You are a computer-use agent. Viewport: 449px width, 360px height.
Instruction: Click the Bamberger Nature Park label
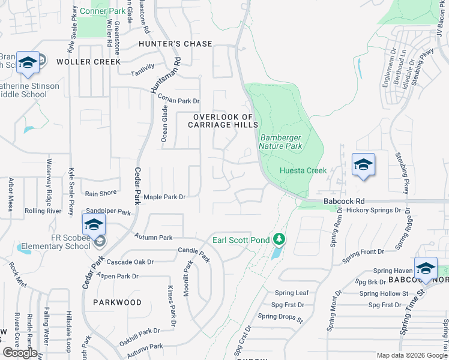pyautogui.click(x=280, y=141)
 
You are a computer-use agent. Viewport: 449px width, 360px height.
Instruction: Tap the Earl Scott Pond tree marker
pyautogui.click(x=279, y=240)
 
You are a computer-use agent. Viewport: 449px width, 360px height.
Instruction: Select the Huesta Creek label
pyautogui.click(x=303, y=170)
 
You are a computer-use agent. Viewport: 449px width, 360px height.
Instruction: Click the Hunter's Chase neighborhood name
pyautogui.click(x=175, y=44)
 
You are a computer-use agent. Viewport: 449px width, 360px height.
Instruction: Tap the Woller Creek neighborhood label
pyautogui.click(x=88, y=62)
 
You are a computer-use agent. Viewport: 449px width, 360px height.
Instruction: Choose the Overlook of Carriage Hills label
pyautogui.click(x=223, y=121)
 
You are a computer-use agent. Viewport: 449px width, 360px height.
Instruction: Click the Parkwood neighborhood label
pyautogui.click(x=117, y=302)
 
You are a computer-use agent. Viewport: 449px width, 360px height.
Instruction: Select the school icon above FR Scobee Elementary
pyautogui.click(x=94, y=225)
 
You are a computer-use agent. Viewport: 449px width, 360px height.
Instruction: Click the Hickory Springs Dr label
pyautogui.click(x=369, y=211)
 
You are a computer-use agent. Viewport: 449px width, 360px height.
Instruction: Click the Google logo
pyautogui.click(x=20, y=353)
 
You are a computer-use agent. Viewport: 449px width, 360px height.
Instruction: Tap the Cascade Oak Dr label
pyautogui.click(x=130, y=262)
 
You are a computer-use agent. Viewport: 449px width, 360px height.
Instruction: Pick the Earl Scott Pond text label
pyautogui.click(x=241, y=241)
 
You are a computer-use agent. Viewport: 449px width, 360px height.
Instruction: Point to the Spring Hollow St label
pyautogui.click(x=384, y=293)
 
